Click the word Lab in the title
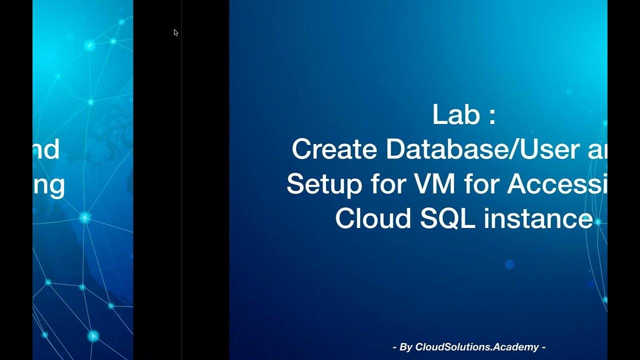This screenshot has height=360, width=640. [x=453, y=115]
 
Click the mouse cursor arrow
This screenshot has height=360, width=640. [x=175, y=32]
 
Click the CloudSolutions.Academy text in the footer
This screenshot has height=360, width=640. [x=476, y=347]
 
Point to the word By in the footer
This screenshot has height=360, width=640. [x=405, y=347]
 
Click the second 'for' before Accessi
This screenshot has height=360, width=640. [x=480, y=184]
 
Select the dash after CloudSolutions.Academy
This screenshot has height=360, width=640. [x=543, y=347]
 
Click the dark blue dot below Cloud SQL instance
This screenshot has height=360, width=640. [x=509, y=264]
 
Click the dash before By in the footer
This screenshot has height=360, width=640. [x=395, y=347]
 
